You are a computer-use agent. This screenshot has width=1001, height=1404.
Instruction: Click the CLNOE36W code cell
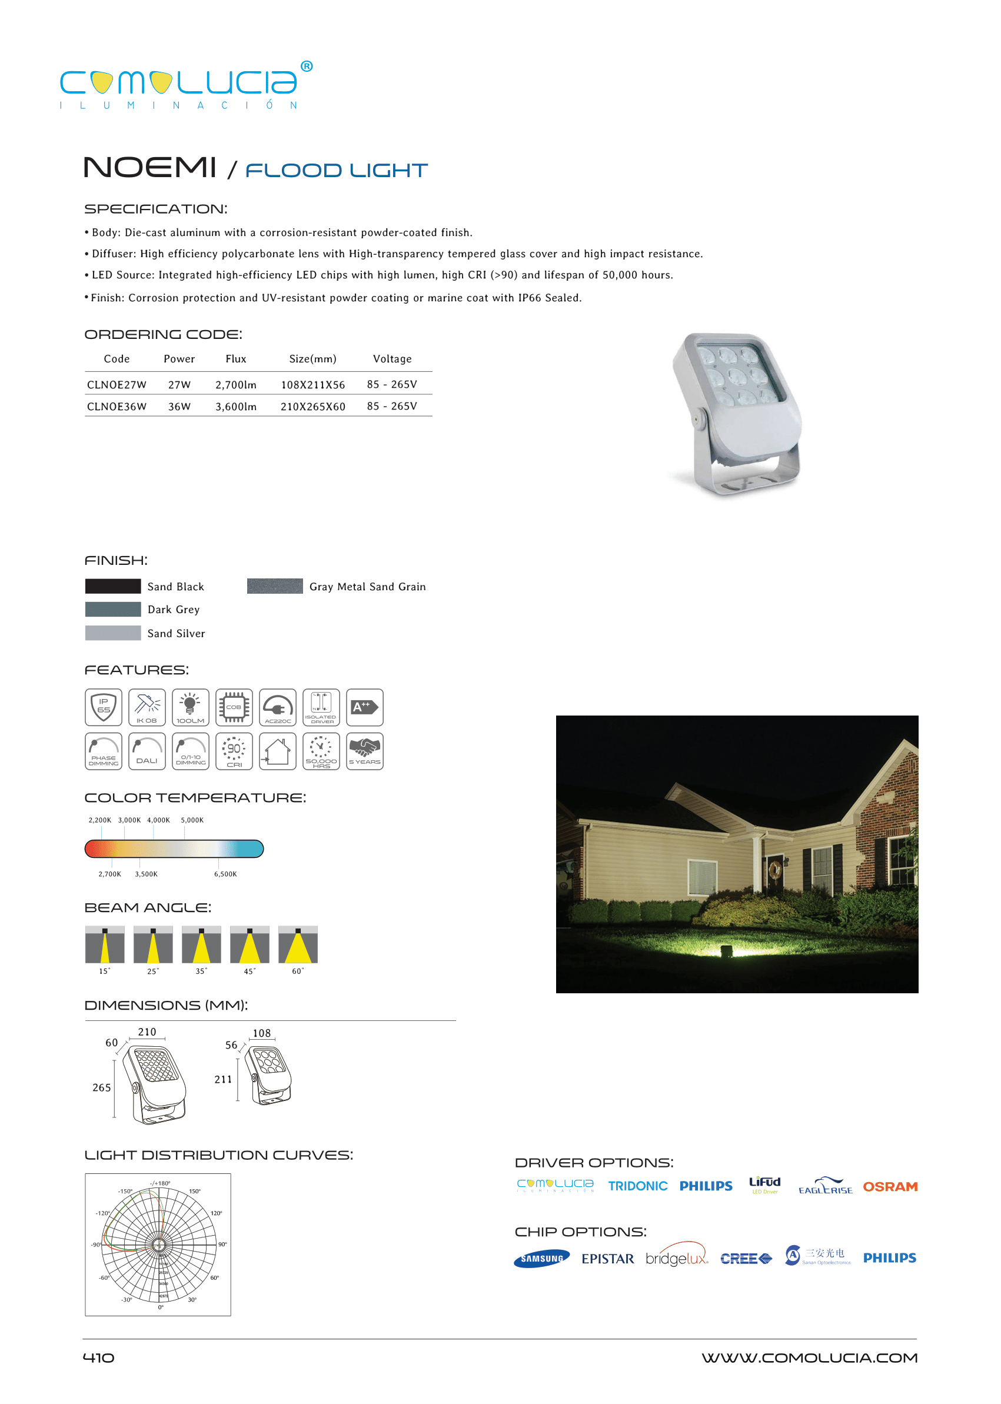tap(117, 407)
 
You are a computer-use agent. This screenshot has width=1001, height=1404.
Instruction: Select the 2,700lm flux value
tap(235, 385)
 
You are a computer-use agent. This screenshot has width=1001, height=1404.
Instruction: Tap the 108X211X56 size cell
tap(312, 385)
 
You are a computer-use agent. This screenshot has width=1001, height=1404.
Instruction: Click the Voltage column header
tap(392, 359)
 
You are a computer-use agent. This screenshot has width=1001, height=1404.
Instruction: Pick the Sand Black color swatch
tap(113, 586)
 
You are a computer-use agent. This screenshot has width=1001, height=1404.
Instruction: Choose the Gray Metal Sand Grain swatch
tap(274, 586)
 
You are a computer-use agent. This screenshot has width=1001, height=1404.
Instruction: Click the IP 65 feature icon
tap(104, 707)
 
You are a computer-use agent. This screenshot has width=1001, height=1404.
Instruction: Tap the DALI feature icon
tap(147, 751)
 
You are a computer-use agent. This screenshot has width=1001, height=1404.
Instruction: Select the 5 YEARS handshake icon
tap(364, 751)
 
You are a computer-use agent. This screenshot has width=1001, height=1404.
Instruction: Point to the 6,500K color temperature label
tap(225, 874)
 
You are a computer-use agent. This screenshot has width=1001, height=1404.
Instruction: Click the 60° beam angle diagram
tap(298, 944)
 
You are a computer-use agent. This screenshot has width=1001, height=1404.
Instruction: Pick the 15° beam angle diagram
tap(105, 944)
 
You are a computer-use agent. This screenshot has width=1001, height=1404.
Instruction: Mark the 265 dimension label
tap(102, 1088)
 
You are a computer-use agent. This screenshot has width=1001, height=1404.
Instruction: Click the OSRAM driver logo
tap(889, 1186)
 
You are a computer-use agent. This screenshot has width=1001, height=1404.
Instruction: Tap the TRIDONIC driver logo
tap(637, 1186)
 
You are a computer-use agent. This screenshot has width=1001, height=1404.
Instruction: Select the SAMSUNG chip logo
tap(541, 1259)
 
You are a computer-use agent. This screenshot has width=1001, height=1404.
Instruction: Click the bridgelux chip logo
tap(676, 1257)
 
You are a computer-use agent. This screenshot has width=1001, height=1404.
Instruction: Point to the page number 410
tap(99, 1358)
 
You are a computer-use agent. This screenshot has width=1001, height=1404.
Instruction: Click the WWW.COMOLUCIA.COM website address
tap(809, 1358)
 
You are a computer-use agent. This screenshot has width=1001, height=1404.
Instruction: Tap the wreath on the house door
tap(774, 870)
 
